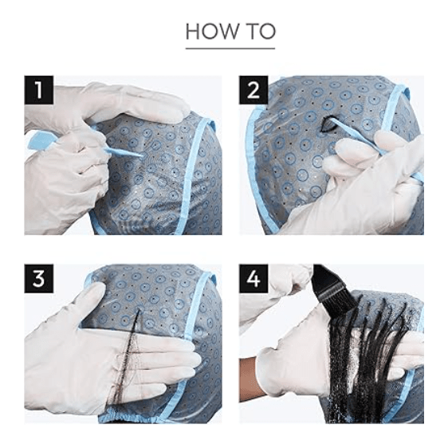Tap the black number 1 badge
pyautogui.click(x=39, y=90)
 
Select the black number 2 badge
pyautogui.click(x=253, y=90)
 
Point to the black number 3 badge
pyautogui.click(x=39, y=278)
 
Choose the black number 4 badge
pyautogui.click(x=253, y=278)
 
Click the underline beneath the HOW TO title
pyautogui.click(x=230, y=49)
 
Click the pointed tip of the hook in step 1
pyautogui.click(x=143, y=155)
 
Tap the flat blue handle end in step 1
pyautogui.click(x=38, y=140)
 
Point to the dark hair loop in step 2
pyautogui.click(x=326, y=124)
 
